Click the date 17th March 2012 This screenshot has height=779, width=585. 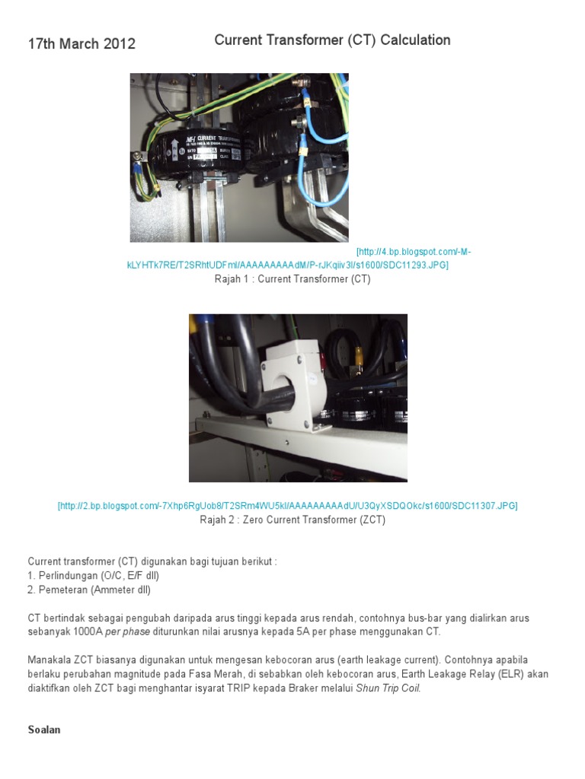pyautogui.click(x=82, y=44)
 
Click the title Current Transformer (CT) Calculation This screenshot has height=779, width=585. pyautogui.click(x=332, y=40)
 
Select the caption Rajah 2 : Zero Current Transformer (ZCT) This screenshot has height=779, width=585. pyautogui.click(x=292, y=520)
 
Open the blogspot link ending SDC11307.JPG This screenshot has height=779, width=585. pyautogui.click(x=287, y=506)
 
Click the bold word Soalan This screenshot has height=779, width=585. pyautogui.click(x=44, y=730)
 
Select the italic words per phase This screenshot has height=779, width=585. pyautogui.click(x=123, y=631)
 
